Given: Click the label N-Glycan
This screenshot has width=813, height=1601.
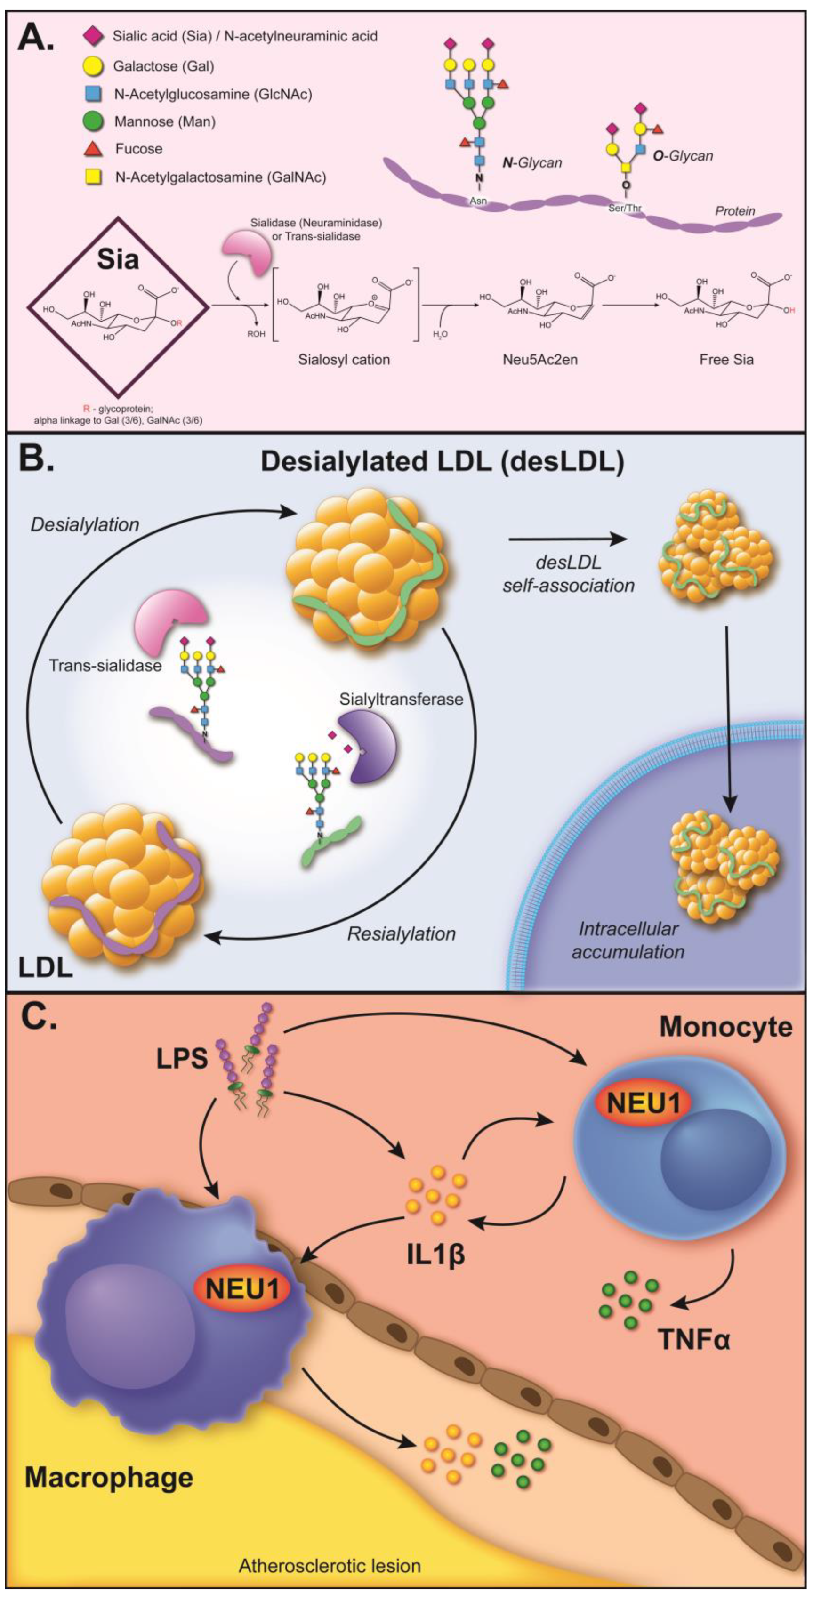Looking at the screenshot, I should tap(531, 163).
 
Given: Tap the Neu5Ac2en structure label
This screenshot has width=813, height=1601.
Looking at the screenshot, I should tap(539, 359).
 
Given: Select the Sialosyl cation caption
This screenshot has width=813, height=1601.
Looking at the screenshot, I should tap(344, 359).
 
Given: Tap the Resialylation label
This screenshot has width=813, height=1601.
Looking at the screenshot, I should tap(402, 933).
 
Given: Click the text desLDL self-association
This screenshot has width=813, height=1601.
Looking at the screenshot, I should tap(568, 575).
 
